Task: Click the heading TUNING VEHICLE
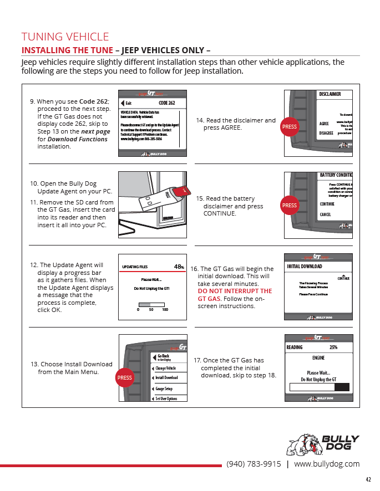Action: coord(65,37)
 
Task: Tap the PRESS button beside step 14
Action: coord(290,127)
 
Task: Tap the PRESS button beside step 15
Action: coord(290,206)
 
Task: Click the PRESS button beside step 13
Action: coord(124,378)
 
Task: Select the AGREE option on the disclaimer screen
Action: coord(325,124)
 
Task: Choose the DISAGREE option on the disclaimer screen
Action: coord(327,133)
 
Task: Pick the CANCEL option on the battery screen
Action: coord(326,214)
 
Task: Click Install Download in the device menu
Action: coord(166,378)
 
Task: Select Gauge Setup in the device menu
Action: coord(164,388)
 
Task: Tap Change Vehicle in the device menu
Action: coord(165,368)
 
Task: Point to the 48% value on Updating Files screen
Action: coord(179,267)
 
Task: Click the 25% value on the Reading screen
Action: coord(333,347)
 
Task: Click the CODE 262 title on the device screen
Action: coord(166,103)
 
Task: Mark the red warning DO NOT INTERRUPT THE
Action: coord(235,291)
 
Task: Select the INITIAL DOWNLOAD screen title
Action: coord(305,267)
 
